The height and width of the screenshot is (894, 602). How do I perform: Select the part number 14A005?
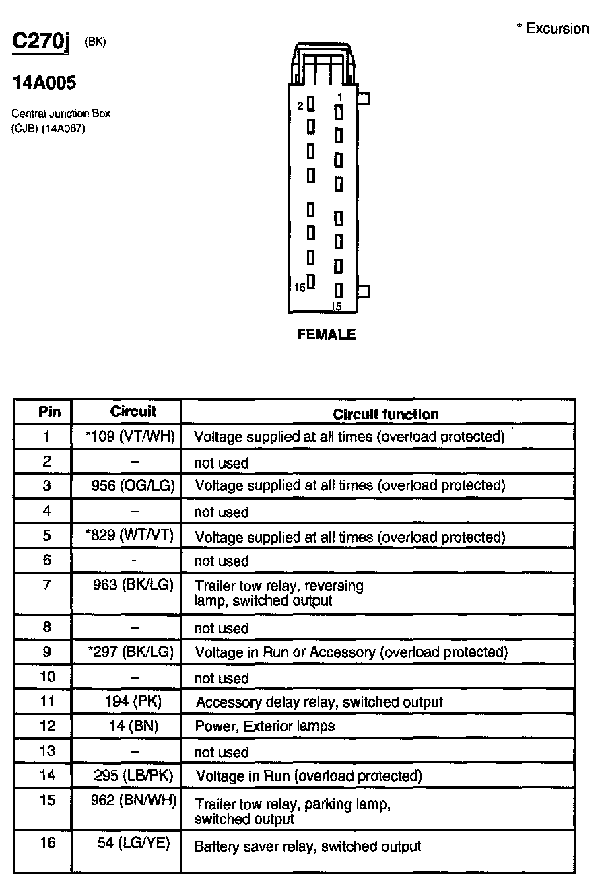[44, 83]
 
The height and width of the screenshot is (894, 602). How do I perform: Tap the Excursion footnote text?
[552, 28]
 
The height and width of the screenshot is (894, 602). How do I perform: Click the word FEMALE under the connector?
[327, 335]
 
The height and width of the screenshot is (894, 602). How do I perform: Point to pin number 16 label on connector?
[300, 287]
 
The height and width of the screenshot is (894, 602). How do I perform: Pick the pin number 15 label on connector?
[336, 307]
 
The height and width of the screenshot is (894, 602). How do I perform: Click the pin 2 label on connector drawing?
[300, 106]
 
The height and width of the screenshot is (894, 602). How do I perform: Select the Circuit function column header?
[386, 415]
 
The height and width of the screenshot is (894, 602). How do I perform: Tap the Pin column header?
[49, 411]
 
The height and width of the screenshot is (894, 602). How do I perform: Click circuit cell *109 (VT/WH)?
[131, 436]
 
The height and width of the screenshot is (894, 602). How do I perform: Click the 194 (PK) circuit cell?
[133, 701]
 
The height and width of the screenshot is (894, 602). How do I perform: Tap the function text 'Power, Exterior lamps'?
[265, 726]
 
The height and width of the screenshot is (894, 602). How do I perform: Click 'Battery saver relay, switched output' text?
[307, 846]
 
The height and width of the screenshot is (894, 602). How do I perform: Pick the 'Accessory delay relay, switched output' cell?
[319, 702]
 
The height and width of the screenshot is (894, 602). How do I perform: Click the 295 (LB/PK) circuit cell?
[133, 776]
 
